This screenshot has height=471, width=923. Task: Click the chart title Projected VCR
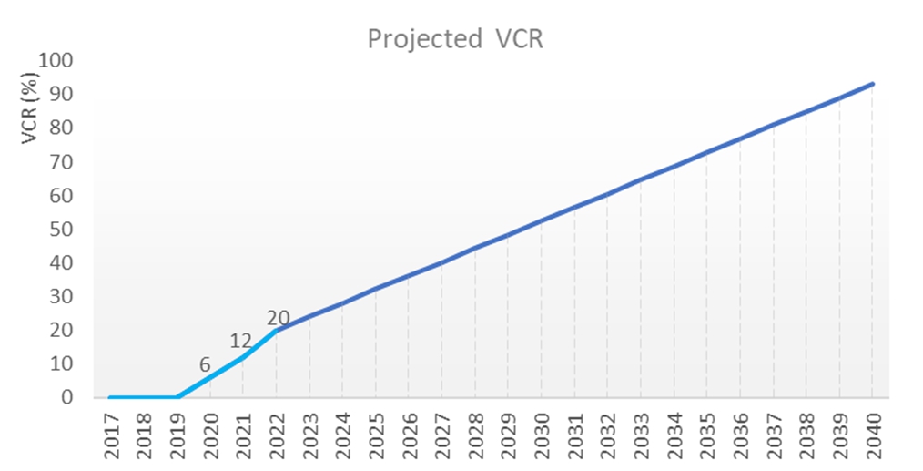coord(454,39)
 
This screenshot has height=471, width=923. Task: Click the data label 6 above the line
coord(206,364)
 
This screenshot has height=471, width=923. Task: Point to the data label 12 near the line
coord(240,341)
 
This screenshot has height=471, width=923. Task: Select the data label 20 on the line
coord(279,318)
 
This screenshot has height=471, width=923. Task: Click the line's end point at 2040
coord(873,84)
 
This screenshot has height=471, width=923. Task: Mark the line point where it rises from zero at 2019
coord(177,397)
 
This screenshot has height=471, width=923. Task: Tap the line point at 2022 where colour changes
coord(277,330)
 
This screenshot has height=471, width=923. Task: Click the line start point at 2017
coord(110,397)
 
